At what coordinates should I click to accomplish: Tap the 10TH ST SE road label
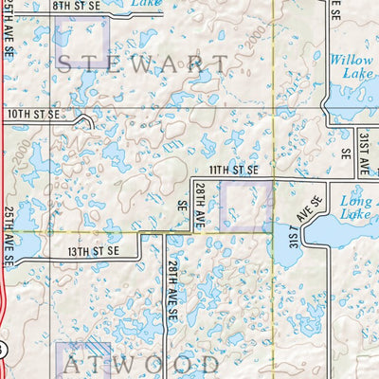[33, 114]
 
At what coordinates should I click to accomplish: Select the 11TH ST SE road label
[234, 170]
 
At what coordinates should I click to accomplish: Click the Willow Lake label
[351, 66]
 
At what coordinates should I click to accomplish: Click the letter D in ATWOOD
[209, 364]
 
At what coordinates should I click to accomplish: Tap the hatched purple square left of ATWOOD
[81, 360]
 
